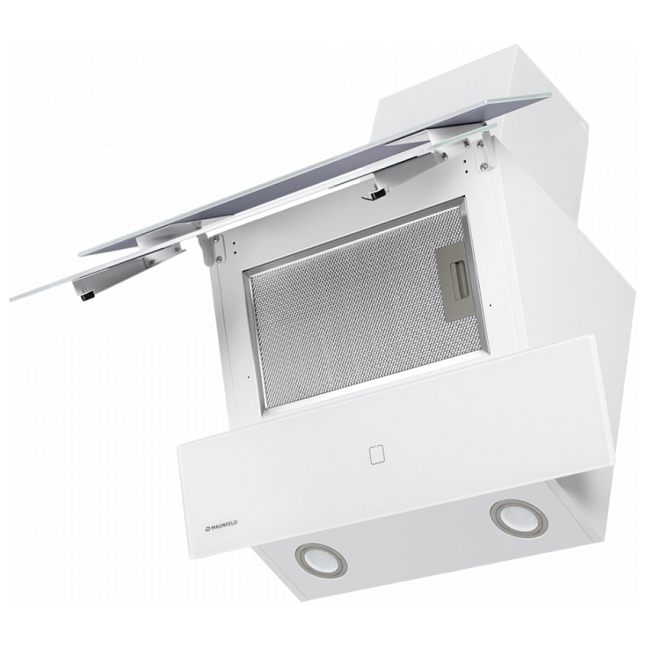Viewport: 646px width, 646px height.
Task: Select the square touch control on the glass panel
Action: [377, 454]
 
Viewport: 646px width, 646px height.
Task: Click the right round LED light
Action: [519, 519]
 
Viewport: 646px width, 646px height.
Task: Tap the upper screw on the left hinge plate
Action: [214, 240]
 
